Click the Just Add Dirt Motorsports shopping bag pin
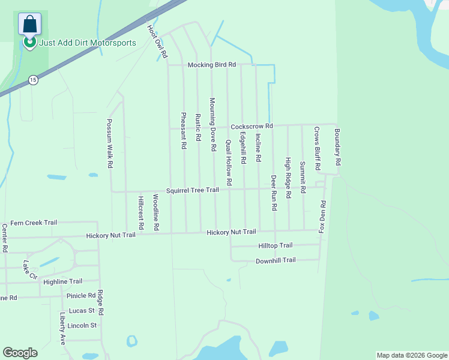pyautogui.click(x=29, y=25)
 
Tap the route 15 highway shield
pyautogui.click(x=32, y=80)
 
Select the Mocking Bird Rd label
pyautogui.click(x=212, y=65)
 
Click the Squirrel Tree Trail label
pyautogui.click(x=193, y=190)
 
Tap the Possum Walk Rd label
pyautogui.click(x=110, y=142)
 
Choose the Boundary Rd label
pyautogui.click(x=337, y=147)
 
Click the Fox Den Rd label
pyautogui.click(x=322, y=217)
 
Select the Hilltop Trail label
pyautogui.click(x=275, y=245)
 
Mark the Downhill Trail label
pyautogui.click(x=276, y=260)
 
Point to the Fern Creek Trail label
pyautogui.click(x=34, y=223)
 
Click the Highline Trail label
pyautogui.click(x=63, y=281)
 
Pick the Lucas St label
pyautogui.click(x=83, y=311)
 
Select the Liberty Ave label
pyautogui.click(x=62, y=328)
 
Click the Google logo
pyautogui.click(x=20, y=353)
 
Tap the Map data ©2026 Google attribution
pyautogui.click(x=412, y=355)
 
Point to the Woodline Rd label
pyautogui.click(x=155, y=213)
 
